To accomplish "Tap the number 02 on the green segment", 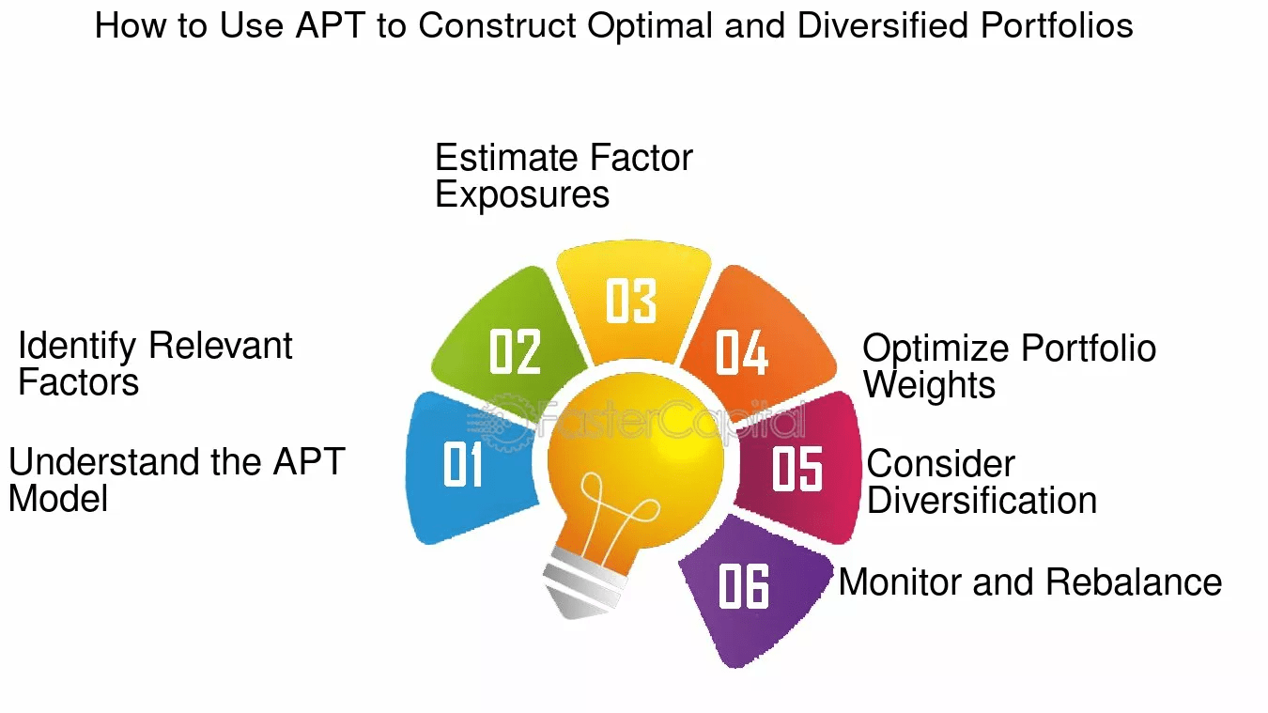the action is point(515,351).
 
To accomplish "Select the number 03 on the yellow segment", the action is point(631,301).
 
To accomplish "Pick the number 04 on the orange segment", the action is point(742,352).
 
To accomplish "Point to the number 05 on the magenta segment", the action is point(797,469).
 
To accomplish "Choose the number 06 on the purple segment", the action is point(743,585).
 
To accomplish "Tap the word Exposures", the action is point(522,195).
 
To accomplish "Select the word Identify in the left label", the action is point(77,346).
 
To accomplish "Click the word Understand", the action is point(104,461).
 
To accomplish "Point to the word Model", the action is point(58,499).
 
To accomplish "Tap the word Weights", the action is point(929,386).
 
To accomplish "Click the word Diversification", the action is point(982,501).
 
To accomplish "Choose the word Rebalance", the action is point(1134,582).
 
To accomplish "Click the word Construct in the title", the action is point(497,26).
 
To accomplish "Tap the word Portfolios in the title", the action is point(1057,26).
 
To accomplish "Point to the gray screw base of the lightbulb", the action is point(583,589).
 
